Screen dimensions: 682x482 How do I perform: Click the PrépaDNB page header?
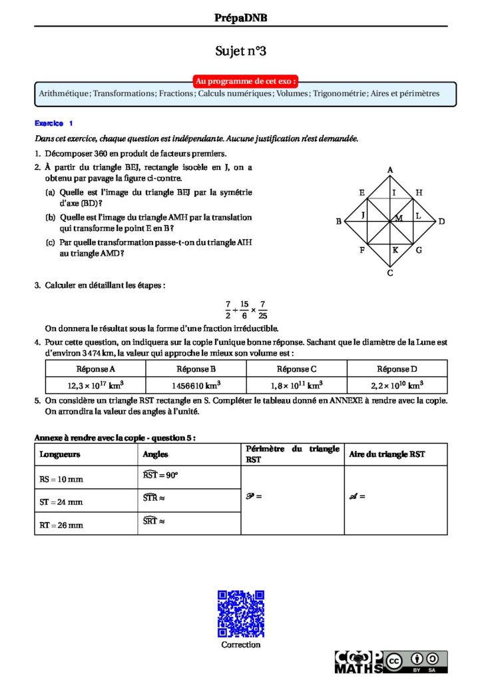click(240, 18)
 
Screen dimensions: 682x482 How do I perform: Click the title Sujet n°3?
click(240, 51)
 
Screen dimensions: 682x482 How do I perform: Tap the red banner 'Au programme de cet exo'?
click(245, 81)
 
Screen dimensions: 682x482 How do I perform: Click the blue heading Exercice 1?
click(54, 123)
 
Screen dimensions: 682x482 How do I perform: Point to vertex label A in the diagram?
click(390, 170)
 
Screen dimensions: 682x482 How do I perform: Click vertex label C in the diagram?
click(390, 272)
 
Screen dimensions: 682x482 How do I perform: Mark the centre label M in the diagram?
click(399, 218)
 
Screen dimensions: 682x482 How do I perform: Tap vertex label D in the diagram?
click(441, 221)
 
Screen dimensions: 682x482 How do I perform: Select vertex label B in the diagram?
click(339, 221)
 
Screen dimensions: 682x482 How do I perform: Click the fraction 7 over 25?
click(263, 310)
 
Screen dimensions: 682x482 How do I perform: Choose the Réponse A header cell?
click(95, 369)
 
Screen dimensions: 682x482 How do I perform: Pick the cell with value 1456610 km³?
click(196, 385)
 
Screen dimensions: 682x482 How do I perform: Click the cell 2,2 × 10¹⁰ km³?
click(397, 385)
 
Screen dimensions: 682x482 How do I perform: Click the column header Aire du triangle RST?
click(385, 454)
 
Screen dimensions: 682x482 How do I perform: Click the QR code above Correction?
click(241, 613)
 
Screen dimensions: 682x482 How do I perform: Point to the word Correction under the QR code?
click(241, 645)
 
